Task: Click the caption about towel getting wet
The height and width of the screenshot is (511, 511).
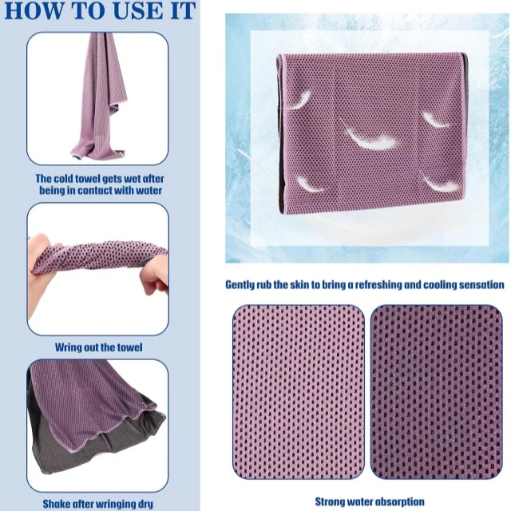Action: click(x=99, y=184)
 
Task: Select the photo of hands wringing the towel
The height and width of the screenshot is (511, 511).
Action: click(x=99, y=268)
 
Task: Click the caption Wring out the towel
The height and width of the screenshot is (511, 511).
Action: click(x=99, y=347)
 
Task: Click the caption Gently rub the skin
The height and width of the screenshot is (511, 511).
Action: click(x=364, y=284)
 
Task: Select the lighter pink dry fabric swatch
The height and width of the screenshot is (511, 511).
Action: click(x=298, y=391)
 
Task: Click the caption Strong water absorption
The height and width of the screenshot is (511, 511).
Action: click(x=369, y=501)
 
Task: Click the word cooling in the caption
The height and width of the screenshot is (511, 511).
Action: click(x=458, y=284)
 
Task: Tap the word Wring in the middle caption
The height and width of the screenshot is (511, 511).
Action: click(x=69, y=347)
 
